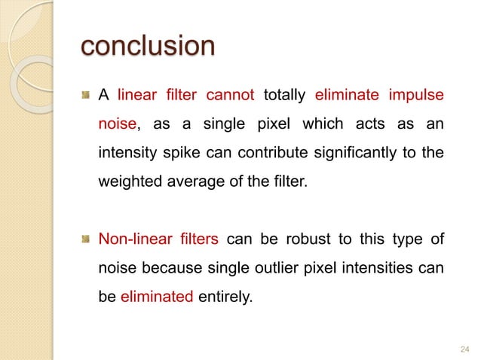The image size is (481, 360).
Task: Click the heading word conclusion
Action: (x=148, y=47)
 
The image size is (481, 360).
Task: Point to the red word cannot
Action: (x=231, y=96)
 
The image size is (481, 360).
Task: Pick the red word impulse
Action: (x=415, y=96)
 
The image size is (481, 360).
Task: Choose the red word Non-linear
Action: (x=131, y=240)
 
